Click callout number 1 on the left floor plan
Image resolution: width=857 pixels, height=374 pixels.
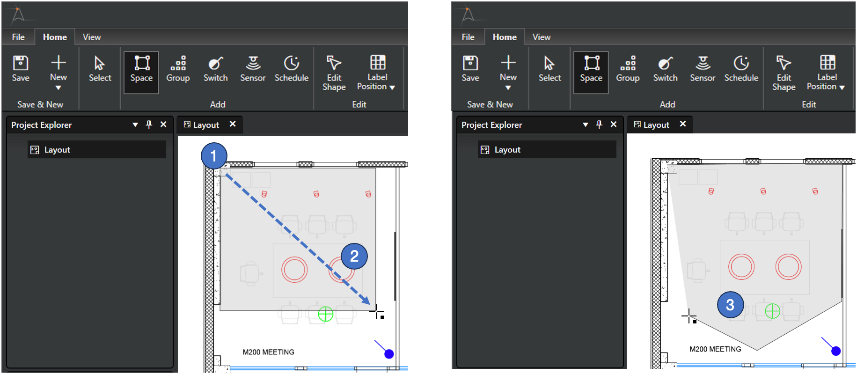pos(214,156)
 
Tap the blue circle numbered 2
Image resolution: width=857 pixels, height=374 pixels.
pos(354,256)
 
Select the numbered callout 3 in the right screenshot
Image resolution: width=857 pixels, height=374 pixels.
pos(730,305)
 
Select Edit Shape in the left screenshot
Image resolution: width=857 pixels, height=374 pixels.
pos(334,73)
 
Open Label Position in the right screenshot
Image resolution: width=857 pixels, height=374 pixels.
pos(826,73)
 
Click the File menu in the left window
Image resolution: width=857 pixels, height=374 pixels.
pos(18,37)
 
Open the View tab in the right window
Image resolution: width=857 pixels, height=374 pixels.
pos(542,37)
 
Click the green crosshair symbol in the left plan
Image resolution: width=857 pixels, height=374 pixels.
pos(326,314)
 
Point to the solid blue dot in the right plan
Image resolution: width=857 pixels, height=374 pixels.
pos(836,351)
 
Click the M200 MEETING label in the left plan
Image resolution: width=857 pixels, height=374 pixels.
pos(268,352)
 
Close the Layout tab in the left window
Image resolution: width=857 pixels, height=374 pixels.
pos(233,124)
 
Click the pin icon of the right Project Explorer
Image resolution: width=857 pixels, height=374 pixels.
pos(599,125)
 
